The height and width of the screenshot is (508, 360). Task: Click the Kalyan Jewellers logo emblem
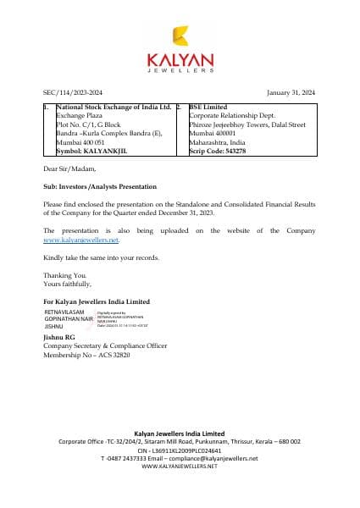point(180,35)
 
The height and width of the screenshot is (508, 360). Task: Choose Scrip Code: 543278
point(217,151)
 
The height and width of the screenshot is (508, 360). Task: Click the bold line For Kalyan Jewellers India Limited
point(96,301)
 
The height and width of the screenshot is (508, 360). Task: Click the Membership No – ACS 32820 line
point(86,355)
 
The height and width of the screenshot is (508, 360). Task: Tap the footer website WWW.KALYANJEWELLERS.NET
point(180,466)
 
